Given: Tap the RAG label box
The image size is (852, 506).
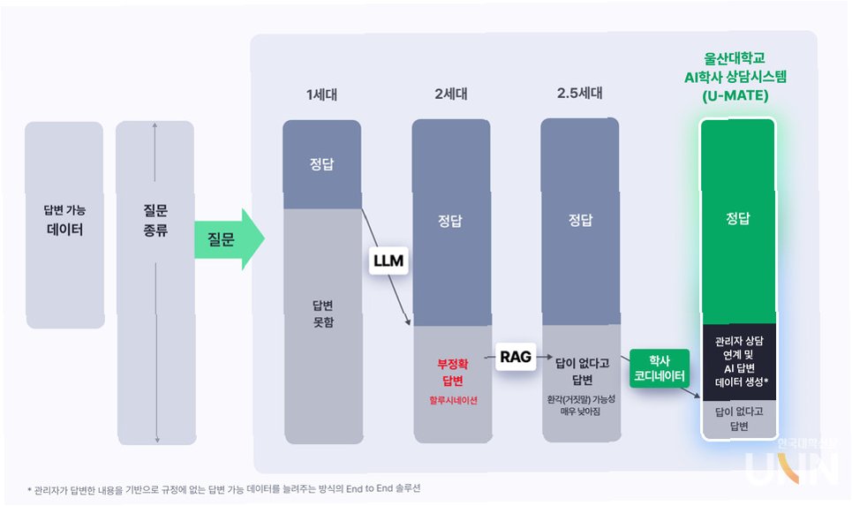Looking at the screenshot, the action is coord(515,356).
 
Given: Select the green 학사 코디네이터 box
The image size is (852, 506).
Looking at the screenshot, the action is coord(660,367).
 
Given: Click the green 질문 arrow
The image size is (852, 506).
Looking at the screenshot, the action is coord(228,238).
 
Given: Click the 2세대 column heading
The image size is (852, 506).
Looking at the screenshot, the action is coord(451,94).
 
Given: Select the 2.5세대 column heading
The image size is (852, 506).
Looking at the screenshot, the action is coord(579,94).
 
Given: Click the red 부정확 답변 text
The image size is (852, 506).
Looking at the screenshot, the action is coord(451,372).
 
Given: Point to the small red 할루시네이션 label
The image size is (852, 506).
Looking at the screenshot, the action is coord(451,400).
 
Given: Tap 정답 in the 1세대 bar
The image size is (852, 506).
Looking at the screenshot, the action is coord(321,164).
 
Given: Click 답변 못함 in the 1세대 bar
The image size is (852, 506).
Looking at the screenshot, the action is coord(321,313).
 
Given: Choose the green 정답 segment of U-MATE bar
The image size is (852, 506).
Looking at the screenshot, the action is coord(737,218).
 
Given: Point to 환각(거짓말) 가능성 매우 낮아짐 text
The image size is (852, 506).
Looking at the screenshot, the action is coord(580,405).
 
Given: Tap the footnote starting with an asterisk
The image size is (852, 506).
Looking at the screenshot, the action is coord(230,488).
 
